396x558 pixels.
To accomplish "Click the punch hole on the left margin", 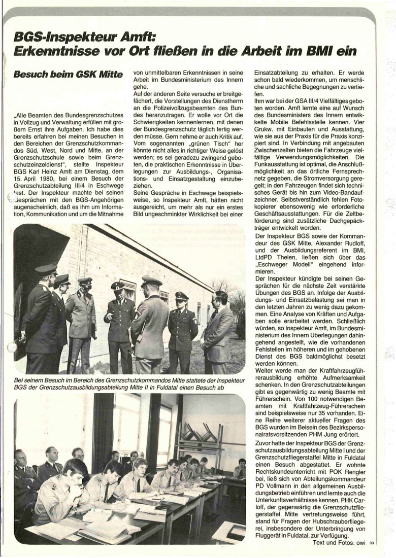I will tap(11, 347).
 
